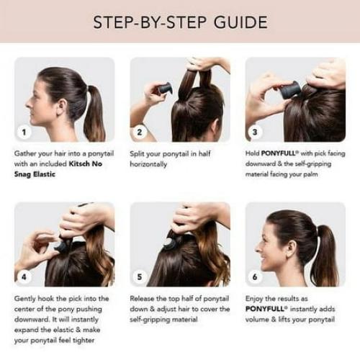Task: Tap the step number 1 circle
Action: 25,132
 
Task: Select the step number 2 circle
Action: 141,132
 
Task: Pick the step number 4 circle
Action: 25,276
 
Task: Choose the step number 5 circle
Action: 141,276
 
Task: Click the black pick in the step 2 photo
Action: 166,89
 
